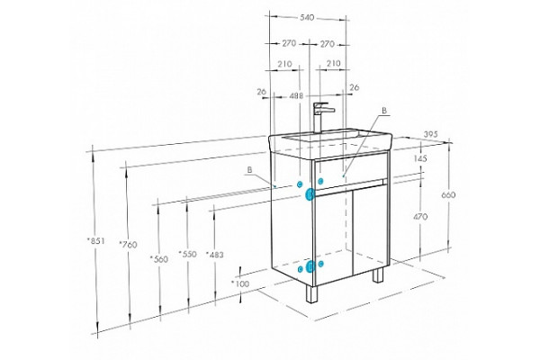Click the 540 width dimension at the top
coord(307,17)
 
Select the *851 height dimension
coord(95,241)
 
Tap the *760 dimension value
coord(128,245)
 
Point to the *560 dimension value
coord(159,259)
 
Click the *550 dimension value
coord(188,254)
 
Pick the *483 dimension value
coord(215,255)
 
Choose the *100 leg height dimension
coord(240,283)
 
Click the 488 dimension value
coord(296,95)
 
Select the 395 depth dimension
coord(430,134)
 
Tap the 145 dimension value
coord(420,158)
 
